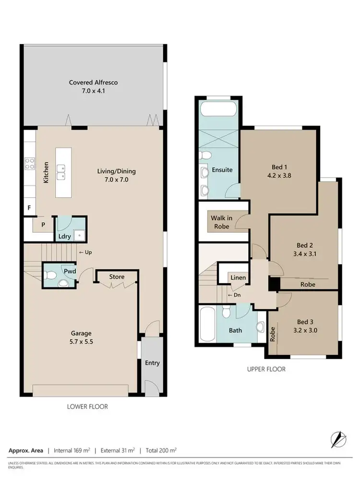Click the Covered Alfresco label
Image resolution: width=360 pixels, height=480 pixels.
[93, 83]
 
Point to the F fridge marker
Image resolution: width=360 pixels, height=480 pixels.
[29, 209]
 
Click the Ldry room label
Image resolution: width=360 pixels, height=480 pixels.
[64, 237]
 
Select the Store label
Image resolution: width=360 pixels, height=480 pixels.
[117, 277]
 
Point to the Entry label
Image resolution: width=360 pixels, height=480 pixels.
[152, 363]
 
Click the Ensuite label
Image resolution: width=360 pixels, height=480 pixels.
[223, 170]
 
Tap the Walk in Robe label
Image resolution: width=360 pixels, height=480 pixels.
[221, 222]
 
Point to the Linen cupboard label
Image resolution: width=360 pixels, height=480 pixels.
[238, 278]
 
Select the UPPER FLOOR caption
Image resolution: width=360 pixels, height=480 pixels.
[266, 369]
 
